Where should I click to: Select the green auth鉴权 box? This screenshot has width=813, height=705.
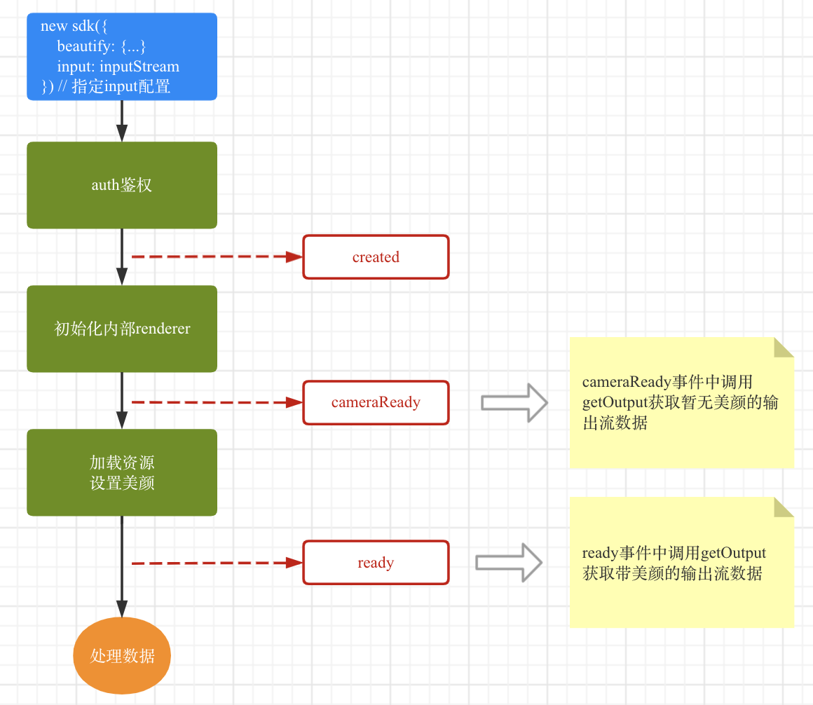(122, 185)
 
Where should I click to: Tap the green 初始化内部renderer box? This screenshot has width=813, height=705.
(122, 329)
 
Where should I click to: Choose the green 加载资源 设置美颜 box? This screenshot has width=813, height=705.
(122, 472)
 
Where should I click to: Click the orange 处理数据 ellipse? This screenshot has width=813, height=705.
(122, 656)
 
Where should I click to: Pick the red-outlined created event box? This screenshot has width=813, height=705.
(376, 257)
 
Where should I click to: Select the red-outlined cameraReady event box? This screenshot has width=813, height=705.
(376, 402)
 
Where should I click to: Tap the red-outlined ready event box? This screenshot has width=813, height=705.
(376, 563)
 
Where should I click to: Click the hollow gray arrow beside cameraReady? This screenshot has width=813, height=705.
(514, 402)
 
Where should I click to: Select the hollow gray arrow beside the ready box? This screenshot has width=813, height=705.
(509, 563)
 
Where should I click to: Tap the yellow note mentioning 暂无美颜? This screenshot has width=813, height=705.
(681, 403)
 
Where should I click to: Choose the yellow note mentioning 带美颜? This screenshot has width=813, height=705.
(681, 563)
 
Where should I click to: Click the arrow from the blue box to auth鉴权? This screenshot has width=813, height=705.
(122, 121)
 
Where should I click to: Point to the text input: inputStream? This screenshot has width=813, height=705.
(118, 67)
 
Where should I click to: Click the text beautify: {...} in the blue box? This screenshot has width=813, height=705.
(101, 47)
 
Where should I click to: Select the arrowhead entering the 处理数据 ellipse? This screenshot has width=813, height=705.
(122, 608)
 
